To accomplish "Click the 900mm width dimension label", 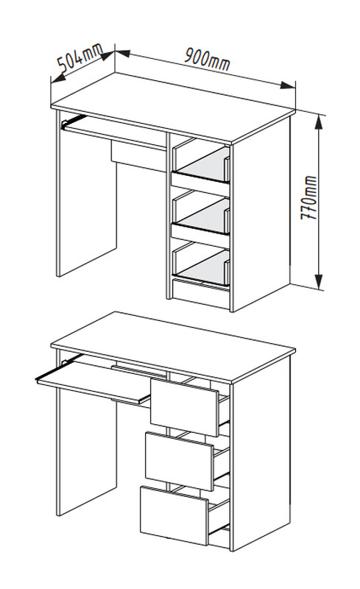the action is point(207,59).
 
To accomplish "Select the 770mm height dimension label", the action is point(309,197).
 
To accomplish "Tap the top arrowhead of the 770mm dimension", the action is point(319,121).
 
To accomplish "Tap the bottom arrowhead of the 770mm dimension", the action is point(319,282).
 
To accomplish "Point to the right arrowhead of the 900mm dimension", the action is point(287,85).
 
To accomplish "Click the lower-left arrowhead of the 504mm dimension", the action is point(57,78).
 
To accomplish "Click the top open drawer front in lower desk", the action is point(185,407).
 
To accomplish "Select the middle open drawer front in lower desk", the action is point(179,462).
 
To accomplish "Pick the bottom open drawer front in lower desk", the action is point(174,515).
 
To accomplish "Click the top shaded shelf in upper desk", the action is point(204,164).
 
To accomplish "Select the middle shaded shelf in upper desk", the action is point(204,216).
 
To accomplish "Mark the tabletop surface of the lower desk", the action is point(173,347).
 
